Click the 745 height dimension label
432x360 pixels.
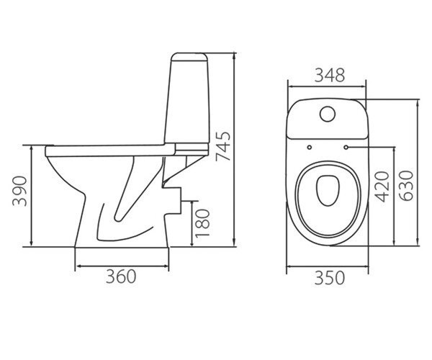[x=223, y=147]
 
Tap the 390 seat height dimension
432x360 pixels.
[x=20, y=191]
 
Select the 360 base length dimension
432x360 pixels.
[x=121, y=276]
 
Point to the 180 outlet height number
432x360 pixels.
[x=202, y=223]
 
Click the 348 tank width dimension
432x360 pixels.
[x=330, y=75]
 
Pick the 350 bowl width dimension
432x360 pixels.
[x=330, y=278]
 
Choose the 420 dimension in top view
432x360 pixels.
[x=382, y=186]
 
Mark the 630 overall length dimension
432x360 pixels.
[x=406, y=186]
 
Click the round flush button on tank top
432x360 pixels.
[x=328, y=114]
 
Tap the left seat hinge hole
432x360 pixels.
[x=310, y=148]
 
